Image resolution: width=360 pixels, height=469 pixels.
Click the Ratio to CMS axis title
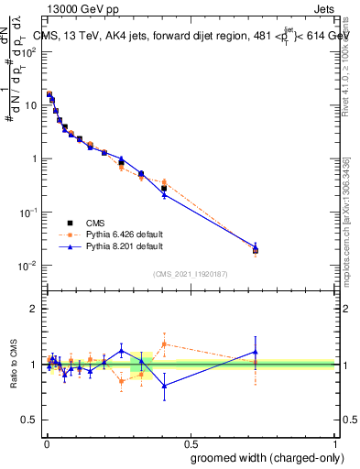(13, 364)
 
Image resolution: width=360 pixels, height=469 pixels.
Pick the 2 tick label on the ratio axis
(33, 309)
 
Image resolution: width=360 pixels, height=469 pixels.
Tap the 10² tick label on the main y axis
(29, 51)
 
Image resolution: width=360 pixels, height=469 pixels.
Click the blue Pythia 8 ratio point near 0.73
(256, 352)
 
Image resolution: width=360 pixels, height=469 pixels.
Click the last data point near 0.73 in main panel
(256, 250)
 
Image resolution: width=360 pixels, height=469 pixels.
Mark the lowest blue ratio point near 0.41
(164, 386)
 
